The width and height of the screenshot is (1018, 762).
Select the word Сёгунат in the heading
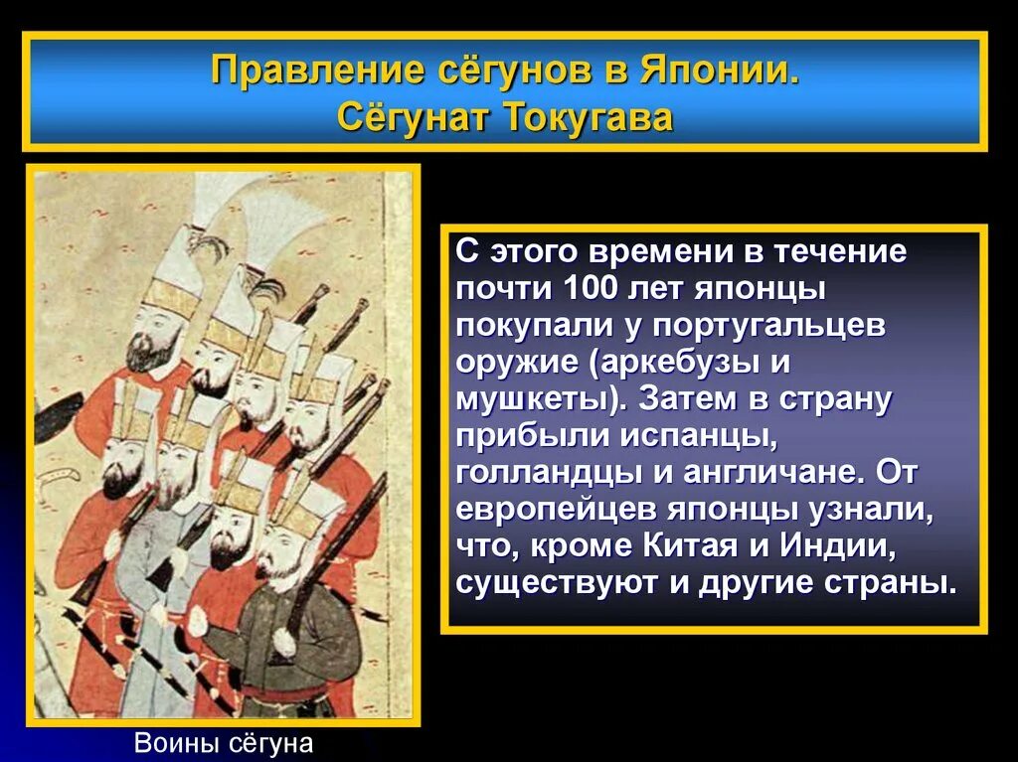click(x=413, y=118)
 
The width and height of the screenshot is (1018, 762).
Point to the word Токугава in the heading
click(x=589, y=118)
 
